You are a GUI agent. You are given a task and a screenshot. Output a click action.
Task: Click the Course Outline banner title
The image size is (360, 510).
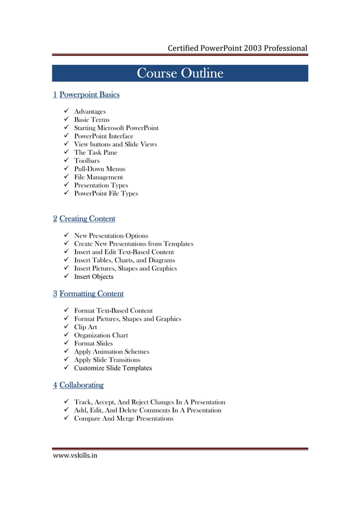[180, 74]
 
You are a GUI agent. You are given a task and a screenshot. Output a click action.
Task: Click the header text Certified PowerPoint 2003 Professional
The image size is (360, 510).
[237, 48]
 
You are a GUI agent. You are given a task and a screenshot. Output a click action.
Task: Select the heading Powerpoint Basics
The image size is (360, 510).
[89, 94]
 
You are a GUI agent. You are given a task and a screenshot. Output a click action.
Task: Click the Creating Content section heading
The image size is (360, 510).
[87, 219]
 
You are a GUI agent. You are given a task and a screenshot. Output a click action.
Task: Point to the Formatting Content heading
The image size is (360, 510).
[91, 294]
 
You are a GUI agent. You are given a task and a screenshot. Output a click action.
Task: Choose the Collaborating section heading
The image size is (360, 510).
[81, 385]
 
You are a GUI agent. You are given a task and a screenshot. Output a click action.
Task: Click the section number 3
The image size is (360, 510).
[55, 294]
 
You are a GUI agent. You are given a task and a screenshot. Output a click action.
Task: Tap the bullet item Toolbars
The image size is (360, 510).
[87, 160]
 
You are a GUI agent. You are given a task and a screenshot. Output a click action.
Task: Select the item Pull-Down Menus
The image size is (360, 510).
[100, 169]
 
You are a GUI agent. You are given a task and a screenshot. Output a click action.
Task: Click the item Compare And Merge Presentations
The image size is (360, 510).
[124, 419]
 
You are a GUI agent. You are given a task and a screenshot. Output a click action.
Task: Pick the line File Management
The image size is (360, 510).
[98, 177]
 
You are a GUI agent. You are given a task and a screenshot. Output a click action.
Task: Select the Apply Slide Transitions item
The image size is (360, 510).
[107, 360]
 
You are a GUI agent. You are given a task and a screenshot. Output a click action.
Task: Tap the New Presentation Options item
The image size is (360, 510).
[111, 236]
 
